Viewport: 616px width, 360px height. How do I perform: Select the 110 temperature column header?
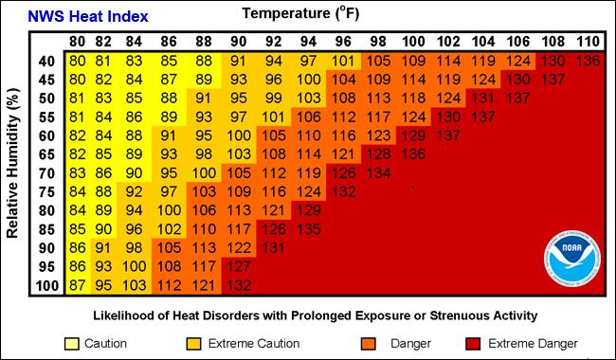tap(588, 42)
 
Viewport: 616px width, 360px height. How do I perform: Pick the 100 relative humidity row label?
tap(45, 285)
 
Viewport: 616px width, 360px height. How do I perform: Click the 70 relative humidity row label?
tap(45, 172)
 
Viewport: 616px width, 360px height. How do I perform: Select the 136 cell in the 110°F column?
tap(588, 61)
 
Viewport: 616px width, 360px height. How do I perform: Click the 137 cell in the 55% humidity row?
tap(483, 117)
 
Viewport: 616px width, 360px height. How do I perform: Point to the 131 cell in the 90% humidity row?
tap(275, 247)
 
